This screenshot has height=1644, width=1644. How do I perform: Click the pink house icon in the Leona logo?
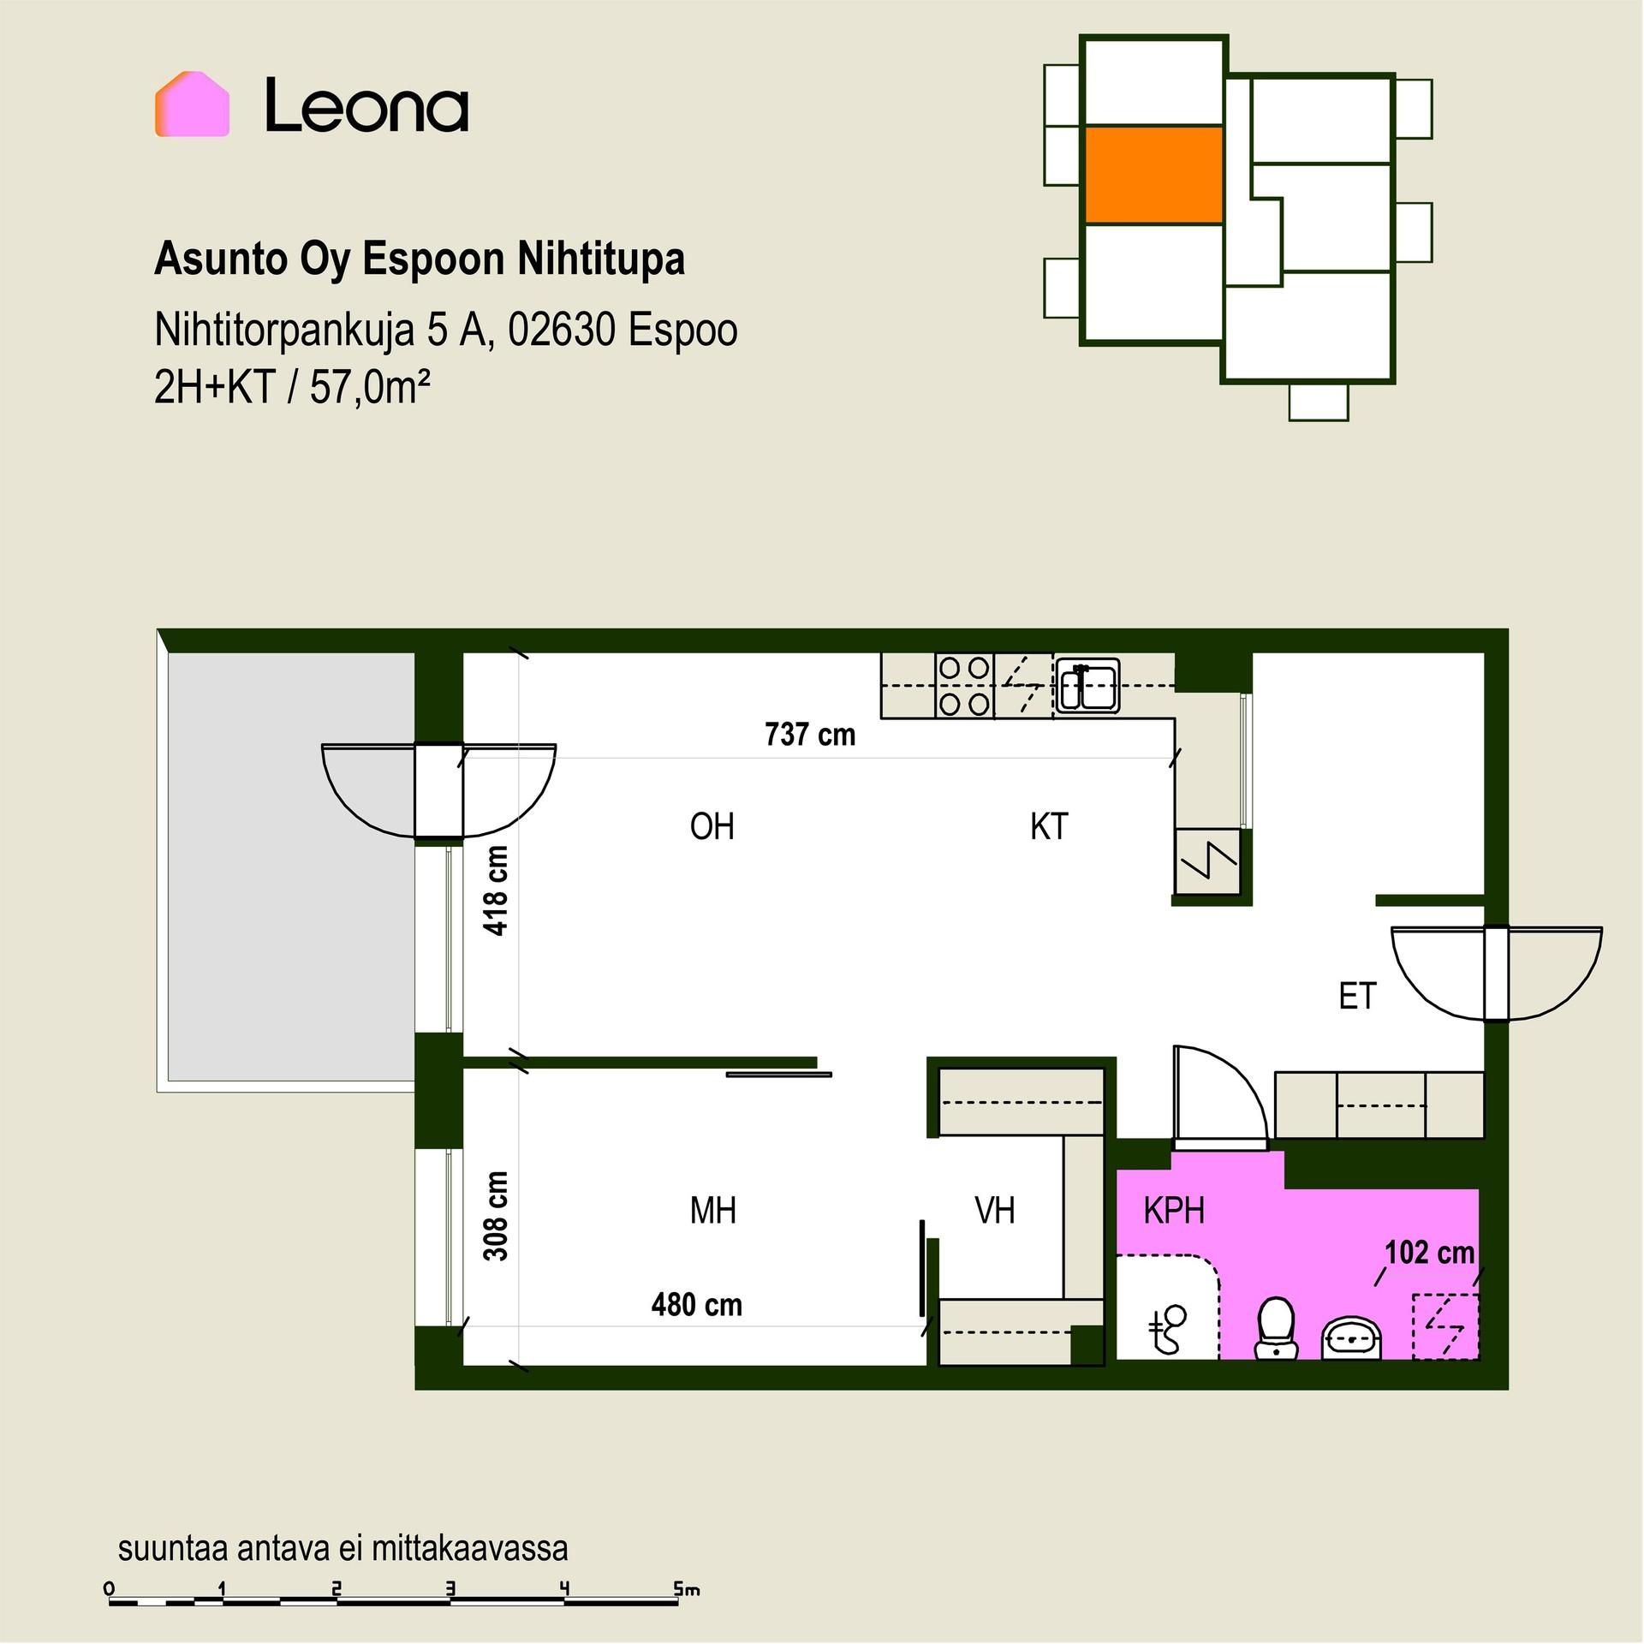[192, 104]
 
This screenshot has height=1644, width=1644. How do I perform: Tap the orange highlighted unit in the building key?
[1153, 176]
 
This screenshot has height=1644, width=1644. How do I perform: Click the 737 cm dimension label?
[810, 735]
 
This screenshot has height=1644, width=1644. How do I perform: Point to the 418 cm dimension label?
[497, 890]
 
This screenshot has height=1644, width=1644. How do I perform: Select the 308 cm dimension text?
[497, 1216]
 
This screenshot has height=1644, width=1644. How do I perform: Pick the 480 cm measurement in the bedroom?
[697, 1305]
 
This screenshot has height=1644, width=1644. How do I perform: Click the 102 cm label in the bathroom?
[1430, 1254]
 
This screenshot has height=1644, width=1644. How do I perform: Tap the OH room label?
[712, 827]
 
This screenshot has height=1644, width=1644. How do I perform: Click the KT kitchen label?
[1049, 827]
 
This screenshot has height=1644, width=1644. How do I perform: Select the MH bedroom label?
[713, 1211]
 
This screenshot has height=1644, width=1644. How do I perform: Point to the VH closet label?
[995, 1211]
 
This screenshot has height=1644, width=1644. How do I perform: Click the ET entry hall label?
[1357, 996]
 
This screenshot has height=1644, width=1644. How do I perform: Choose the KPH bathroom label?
[1174, 1211]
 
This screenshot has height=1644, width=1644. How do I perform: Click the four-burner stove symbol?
[964, 685]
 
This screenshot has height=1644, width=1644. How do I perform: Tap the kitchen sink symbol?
[1087, 685]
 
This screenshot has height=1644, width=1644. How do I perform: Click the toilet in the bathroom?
[1276, 1329]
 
